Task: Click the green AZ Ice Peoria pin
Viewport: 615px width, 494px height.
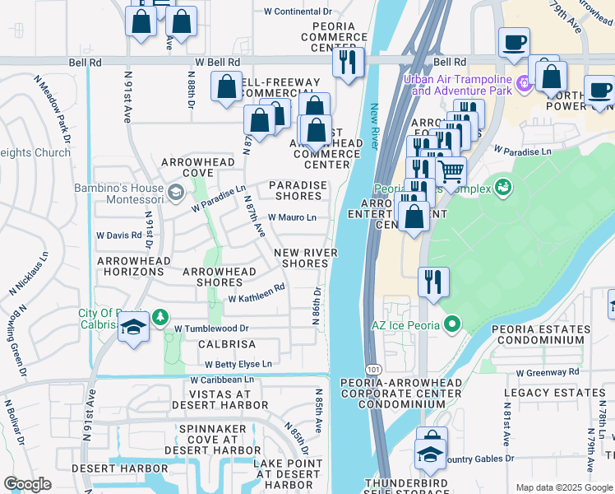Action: click(x=451, y=325)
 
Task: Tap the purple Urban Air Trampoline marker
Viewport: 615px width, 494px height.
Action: click(x=522, y=84)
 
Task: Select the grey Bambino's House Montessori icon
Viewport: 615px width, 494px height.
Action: click(x=175, y=193)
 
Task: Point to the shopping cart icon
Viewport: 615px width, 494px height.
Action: click(x=450, y=171)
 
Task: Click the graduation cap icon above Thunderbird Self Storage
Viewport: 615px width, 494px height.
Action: click(x=431, y=453)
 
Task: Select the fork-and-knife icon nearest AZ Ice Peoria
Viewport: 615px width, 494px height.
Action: click(x=432, y=281)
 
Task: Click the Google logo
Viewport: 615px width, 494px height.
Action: click(x=27, y=484)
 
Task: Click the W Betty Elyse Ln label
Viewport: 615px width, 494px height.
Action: click(x=238, y=364)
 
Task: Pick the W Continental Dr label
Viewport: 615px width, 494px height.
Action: click(x=298, y=12)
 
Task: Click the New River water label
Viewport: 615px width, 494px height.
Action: click(x=375, y=128)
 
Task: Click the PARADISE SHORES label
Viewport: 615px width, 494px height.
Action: click(x=298, y=190)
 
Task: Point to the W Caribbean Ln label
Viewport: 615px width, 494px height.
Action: click(x=222, y=380)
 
